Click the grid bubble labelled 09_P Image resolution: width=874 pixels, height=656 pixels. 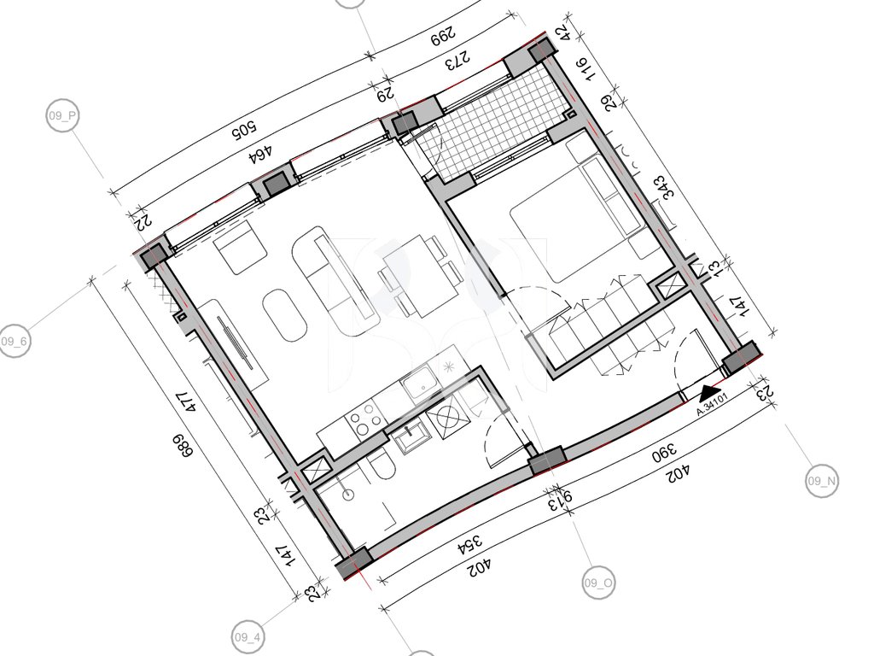62,116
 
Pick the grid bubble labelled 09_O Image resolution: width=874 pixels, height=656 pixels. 598,583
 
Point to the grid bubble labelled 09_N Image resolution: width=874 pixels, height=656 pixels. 822,480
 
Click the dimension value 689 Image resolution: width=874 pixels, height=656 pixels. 182,446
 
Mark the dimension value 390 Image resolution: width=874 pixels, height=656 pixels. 665,452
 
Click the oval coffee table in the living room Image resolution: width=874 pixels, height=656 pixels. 285,314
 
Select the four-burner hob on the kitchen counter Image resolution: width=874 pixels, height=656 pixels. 364,419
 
